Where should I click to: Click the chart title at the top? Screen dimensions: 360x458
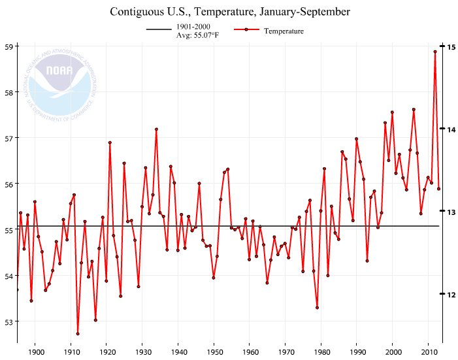(x=230, y=12)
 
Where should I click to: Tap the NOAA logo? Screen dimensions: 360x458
(x=63, y=85)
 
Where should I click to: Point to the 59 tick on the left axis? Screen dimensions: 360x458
(x=9, y=46)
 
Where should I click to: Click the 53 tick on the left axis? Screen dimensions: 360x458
(x=9, y=321)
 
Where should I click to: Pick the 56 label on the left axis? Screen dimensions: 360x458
(x=9, y=184)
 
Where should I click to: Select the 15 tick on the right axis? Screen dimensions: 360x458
(x=451, y=46)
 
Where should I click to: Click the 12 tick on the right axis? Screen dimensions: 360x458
(x=451, y=294)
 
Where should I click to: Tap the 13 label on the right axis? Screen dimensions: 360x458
(x=451, y=212)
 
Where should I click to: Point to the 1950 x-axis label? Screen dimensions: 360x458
(x=214, y=352)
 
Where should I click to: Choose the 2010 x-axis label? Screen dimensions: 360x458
(x=428, y=352)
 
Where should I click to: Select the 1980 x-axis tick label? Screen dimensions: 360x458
(x=321, y=352)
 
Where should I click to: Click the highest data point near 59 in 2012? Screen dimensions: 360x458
(x=435, y=52)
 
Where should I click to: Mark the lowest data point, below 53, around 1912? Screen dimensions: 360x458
(x=78, y=334)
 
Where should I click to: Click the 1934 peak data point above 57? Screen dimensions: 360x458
(x=156, y=129)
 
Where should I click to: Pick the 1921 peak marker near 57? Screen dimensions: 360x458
(x=110, y=142)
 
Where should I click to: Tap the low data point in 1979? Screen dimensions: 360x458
(x=317, y=308)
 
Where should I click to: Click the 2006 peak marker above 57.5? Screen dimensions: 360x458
(x=414, y=110)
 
